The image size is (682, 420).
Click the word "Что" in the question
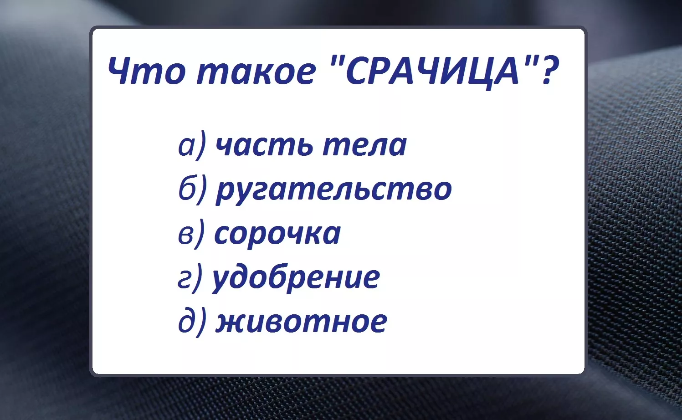(146, 71)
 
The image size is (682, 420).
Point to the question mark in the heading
(549, 70)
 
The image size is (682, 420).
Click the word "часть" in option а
(264, 145)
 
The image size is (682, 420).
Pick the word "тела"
(365, 145)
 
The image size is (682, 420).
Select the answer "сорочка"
(277, 234)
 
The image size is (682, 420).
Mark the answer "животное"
(302, 322)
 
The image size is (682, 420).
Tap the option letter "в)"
(191, 234)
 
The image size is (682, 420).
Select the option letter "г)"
(190, 278)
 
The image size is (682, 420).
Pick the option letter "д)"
(192, 323)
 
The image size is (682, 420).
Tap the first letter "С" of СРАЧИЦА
(357, 71)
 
